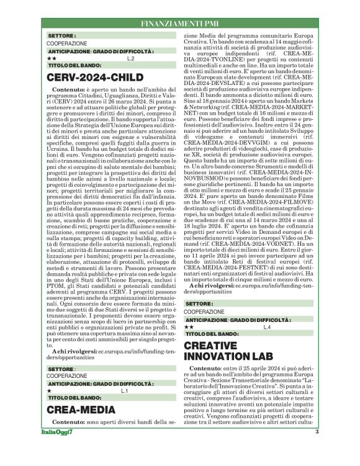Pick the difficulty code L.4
click(267, 326)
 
